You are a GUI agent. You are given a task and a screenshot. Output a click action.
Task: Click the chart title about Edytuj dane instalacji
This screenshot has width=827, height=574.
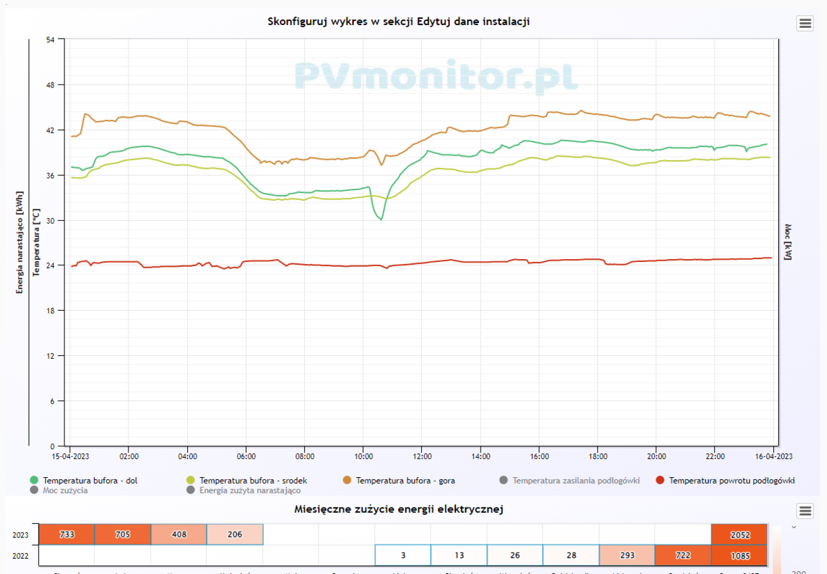[x=398, y=22]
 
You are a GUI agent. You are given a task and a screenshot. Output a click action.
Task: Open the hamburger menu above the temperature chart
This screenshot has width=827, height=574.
[x=805, y=23]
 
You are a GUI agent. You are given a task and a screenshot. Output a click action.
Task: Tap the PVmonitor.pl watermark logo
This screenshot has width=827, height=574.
[x=436, y=76]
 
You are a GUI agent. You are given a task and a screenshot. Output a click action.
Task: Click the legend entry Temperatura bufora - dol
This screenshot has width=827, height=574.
[x=90, y=481]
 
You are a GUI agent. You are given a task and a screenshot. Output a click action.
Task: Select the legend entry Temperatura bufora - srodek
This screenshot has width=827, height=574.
[x=253, y=481]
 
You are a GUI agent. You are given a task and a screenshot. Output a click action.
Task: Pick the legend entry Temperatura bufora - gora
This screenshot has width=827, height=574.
[x=405, y=481]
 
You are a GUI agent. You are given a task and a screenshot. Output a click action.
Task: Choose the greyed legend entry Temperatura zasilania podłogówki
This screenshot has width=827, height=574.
[x=575, y=481]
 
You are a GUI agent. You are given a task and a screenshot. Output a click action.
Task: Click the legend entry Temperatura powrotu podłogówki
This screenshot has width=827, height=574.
[x=732, y=481]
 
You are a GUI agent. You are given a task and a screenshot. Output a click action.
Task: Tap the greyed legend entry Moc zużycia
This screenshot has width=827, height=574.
[x=65, y=491]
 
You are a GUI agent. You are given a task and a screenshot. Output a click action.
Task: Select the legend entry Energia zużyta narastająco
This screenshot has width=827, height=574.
[x=250, y=491]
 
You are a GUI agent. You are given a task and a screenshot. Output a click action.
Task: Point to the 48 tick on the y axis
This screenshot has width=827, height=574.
[x=50, y=85]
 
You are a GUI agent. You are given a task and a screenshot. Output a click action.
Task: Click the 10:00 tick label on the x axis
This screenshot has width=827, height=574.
[x=363, y=456]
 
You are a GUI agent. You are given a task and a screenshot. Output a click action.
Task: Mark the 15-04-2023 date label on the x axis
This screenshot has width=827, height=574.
[x=70, y=456]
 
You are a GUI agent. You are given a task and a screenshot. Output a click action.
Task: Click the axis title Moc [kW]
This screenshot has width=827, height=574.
[x=788, y=241]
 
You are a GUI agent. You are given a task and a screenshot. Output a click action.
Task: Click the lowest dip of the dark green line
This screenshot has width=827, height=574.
[x=381, y=219]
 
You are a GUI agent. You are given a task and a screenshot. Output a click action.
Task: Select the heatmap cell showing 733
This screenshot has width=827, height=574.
[x=66, y=535]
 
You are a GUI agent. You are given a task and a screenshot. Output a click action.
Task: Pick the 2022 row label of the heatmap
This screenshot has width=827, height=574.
[x=21, y=555]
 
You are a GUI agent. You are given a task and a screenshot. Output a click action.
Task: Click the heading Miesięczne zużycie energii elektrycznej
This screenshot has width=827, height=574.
[x=398, y=509]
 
